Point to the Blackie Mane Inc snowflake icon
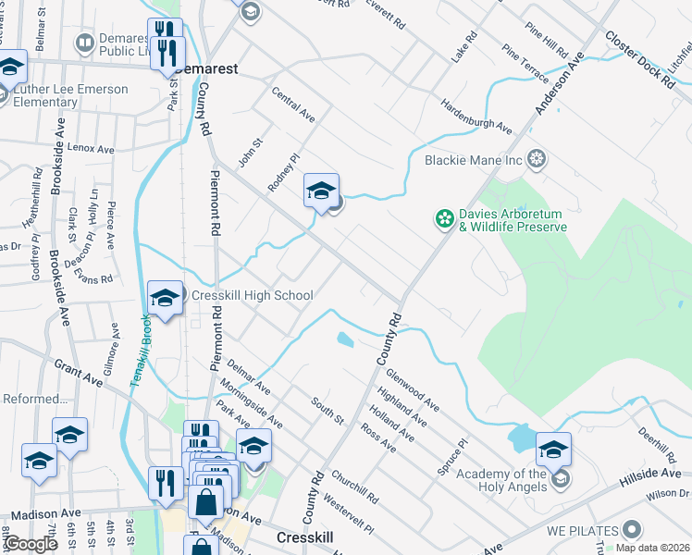click(536, 159)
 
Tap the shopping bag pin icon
click(206, 503)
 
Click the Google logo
click(31, 544)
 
